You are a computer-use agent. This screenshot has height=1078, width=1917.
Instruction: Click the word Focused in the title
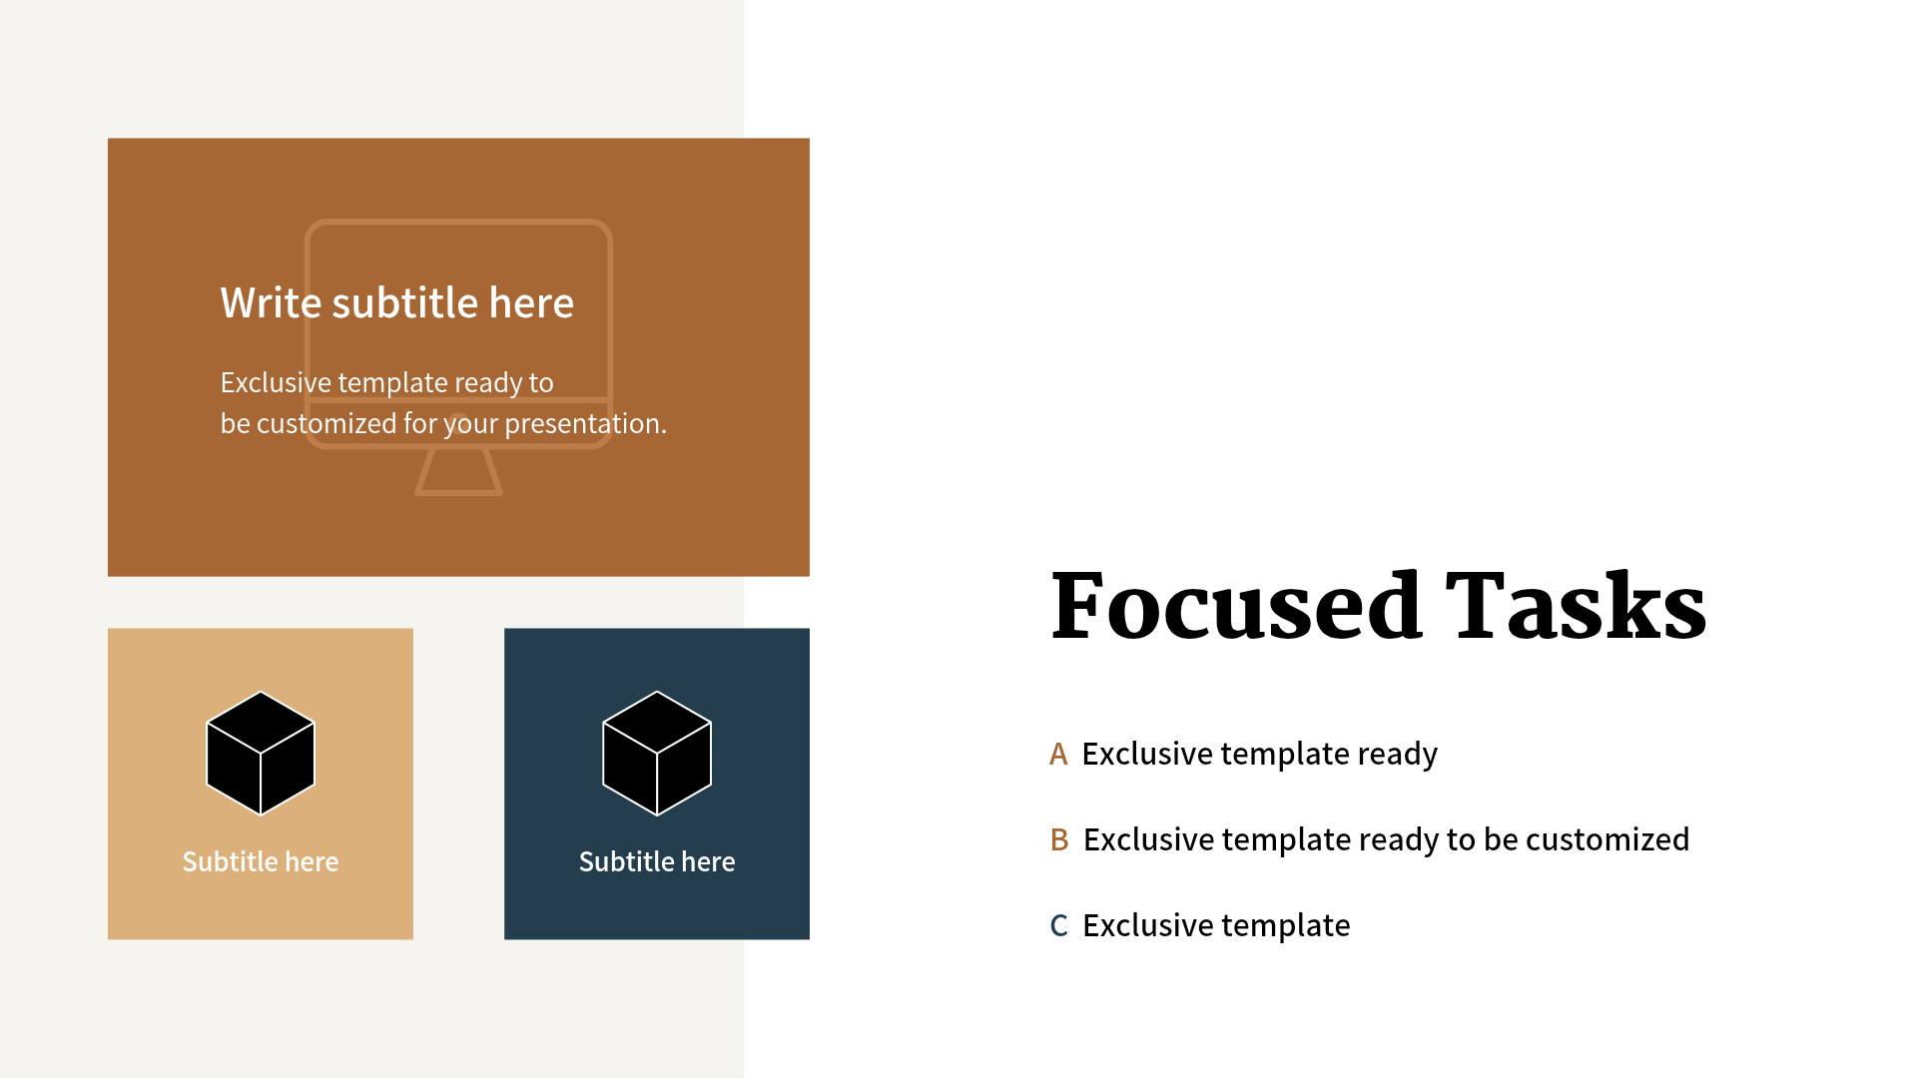pyautogui.click(x=1236, y=605)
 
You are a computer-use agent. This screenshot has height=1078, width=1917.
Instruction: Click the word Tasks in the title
pyautogui.click(x=1577, y=605)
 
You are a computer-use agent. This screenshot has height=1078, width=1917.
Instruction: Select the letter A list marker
pyautogui.click(x=1058, y=755)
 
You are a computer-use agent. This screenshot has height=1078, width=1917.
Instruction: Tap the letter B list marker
pyautogui.click(x=1059, y=840)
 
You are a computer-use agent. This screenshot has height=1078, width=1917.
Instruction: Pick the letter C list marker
pyautogui.click(x=1059, y=926)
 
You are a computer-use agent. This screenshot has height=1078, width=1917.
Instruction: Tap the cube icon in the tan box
pyautogui.click(x=261, y=754)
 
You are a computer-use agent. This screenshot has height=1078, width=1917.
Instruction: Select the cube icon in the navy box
pyautogui.click(x=657, y=754)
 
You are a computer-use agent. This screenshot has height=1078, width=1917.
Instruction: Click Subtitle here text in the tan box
pyautogui.click(x=261, y=861)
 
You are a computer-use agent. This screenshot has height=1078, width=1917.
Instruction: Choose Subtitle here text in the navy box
pyautogui.click(x=657, y=861)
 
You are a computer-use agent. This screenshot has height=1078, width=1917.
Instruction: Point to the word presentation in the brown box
pyautogui.click(x=585, y=424)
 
